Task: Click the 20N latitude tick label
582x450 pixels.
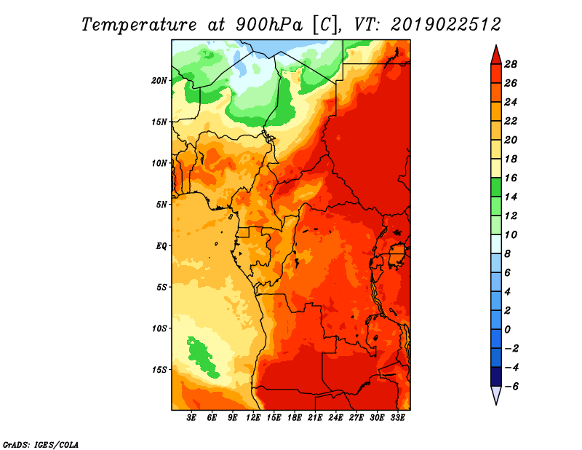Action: [x=159, y=81]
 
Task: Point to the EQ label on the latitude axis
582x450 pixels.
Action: [x=161, y=246]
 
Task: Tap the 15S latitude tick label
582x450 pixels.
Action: [x=159, y=370]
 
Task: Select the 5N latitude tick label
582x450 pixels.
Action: [x=161, y=205]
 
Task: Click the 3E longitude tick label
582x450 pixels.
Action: [x=191, y=418]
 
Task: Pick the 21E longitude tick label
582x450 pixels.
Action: [x=315, y=418]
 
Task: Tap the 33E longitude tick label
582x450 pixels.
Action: [x=397, y=418]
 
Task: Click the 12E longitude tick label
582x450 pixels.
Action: [x=253, y=418]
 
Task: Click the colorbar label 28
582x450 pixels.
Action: [x=511, y=64]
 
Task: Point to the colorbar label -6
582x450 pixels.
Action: [x=511, y=387]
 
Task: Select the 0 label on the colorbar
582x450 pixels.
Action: [x=507, y=330]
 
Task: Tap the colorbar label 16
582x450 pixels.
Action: [x=511, y=178]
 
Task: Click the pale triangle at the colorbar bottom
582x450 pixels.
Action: [x=496, y=394]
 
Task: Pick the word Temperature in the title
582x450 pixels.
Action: [x=139, y=25]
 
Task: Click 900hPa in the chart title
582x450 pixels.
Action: [x=268, y=25]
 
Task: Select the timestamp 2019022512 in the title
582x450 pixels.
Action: [x=446, y=25]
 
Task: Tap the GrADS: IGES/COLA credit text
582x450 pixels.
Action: [x=41, y=445]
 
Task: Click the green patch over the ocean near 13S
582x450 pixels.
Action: [x=202, y=357]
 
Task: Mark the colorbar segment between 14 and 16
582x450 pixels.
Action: [x=496, y=187]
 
